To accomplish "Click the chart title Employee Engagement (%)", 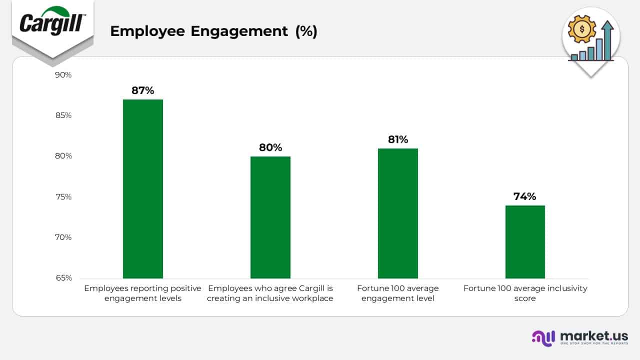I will point(213,31).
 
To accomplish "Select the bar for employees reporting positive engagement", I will point(143,188).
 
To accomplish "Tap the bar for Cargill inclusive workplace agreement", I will point(270,217).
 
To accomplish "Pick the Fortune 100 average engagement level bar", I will point(398,213).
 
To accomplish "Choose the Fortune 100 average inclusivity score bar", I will point(525,241).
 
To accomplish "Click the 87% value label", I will point(143,90).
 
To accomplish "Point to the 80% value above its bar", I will point(270,147).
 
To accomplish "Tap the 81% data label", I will point(398,139).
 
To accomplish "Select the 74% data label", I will point(525,196).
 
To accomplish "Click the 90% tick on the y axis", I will point(63,75).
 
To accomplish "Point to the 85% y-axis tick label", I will point(63,115).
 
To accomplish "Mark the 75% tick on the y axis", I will point(63,197).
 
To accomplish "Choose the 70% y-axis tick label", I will point(63,237).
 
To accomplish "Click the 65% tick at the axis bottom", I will point(63,278).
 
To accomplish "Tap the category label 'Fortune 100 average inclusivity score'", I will point(525,293).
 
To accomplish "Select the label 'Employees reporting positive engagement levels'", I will point(143,293).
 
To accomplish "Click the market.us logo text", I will point(594,336).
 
